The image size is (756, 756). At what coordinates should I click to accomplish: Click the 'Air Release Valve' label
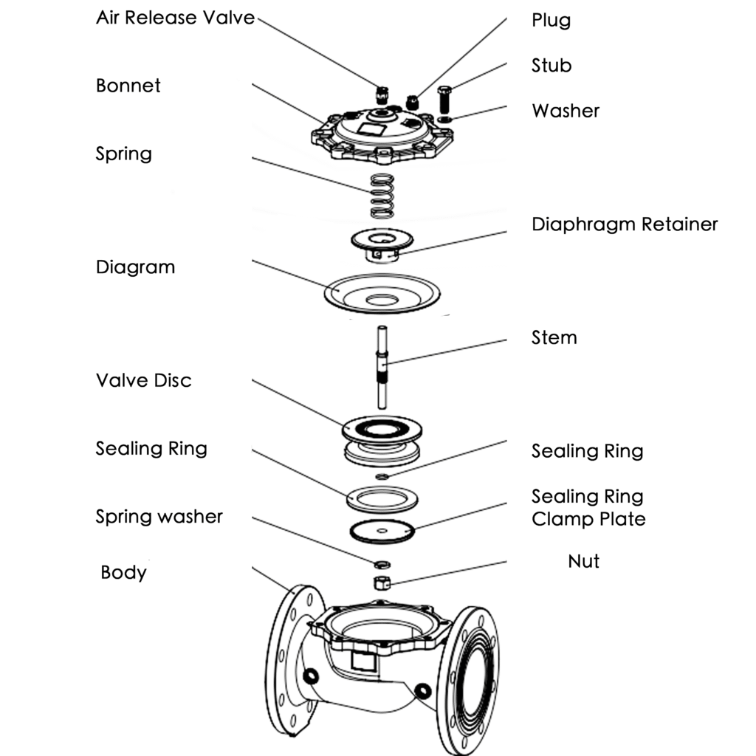point(175,18)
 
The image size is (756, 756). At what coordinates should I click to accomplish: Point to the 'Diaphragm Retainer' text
point(625,224)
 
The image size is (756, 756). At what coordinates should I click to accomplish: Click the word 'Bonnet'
point(128,86)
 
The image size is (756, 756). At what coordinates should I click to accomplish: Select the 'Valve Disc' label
point(143,381)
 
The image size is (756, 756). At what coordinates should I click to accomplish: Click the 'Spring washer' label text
point(159,517)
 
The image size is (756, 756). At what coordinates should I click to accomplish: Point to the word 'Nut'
point(583,562)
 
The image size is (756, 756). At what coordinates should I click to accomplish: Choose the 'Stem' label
point(554,338)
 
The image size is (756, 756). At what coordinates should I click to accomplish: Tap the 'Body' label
point(123,573)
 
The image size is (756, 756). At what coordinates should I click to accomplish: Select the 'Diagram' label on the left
point(135,267)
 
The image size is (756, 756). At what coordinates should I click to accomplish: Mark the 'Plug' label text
point(551,20)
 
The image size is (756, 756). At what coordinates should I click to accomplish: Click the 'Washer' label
point(566,111)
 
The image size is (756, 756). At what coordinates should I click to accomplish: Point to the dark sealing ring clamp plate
point(382,530)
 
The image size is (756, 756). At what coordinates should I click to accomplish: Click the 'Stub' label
point(551,66)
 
